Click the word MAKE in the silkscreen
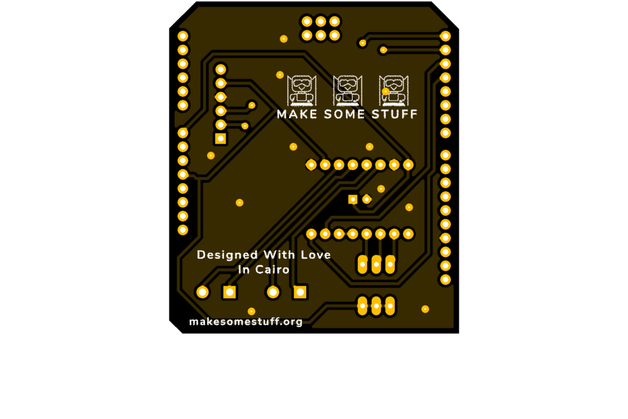[x=297, y=114]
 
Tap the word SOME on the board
[x=345, y=114]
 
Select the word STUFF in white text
[x=394, y=114]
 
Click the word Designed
[x=227, y=255]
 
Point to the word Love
[x=316, y=255]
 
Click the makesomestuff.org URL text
[x=245, y=321]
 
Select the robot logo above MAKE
[x=302, y=91]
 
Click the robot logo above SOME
[x=348, y=91]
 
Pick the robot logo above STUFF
[x=394, y=91]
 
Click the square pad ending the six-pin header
[x=221, y=139]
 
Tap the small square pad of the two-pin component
[x=353, y=199]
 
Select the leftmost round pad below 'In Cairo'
[x=202, y=292]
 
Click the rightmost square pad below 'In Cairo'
[x=300, y=292]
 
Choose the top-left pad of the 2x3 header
[x=307, y=21]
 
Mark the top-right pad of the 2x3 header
[x=334, y=21]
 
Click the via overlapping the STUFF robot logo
[x=385, y=91]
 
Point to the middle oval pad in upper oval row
[x=376, y=264]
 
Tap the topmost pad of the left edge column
[x=183, y=36]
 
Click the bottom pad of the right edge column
[x=445, y=280]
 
